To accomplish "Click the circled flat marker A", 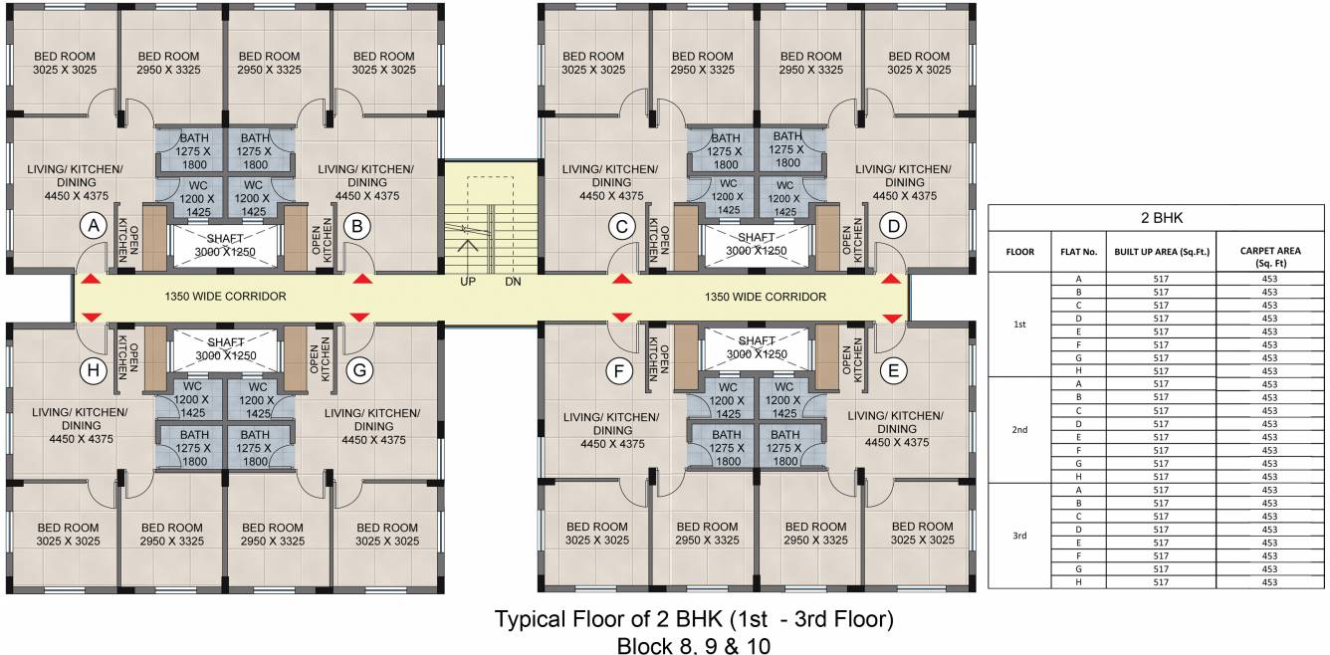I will click(x=94, y=227).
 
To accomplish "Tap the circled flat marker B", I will click(x=356, y=227).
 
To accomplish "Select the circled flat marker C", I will click(x=622, y=227).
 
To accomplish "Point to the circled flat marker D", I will click(x=894, y=227).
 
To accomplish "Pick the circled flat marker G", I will click(x=359, y=371).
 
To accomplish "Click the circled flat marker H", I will click(x=94, y=371).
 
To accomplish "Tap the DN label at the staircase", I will click(x=513, y=283).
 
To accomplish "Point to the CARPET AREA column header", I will click(x=1268, y=256).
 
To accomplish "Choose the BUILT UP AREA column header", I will click(x=1162, y=252).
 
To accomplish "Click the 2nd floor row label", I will click(x=1018, y=430).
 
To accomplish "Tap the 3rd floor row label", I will click(x=1018, y=536).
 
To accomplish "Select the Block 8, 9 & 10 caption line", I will click(x=694, y=645).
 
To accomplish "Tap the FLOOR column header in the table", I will click(x=1018, y=252).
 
